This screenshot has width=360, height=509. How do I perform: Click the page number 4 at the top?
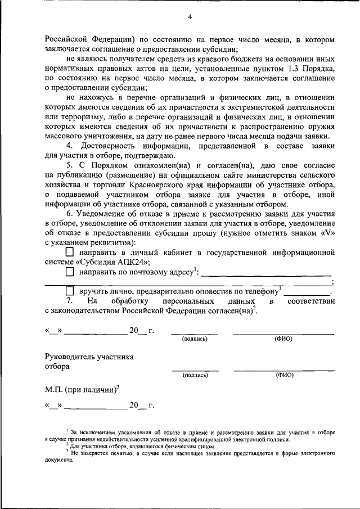point(190,17)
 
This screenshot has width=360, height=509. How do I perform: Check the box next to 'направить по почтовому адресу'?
point(70,272)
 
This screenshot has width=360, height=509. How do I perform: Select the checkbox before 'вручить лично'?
point(70,291)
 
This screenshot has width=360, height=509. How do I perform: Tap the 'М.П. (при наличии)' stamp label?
point(82,389)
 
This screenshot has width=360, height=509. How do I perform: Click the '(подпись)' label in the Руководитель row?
point(195,375)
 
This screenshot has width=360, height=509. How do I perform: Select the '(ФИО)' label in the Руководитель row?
point(284,375)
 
